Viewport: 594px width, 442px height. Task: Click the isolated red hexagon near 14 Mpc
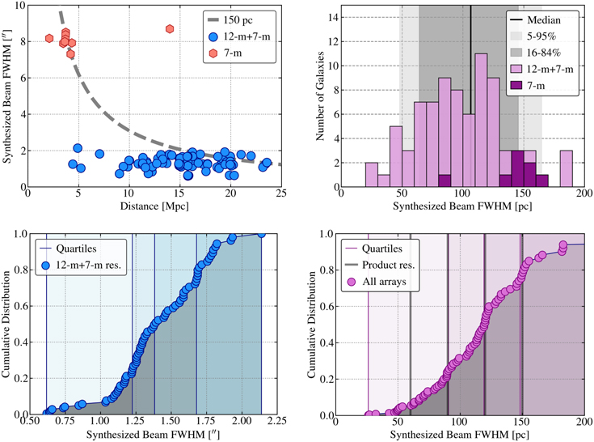point(170,29)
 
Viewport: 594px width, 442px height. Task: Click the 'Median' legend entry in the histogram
point(552,18)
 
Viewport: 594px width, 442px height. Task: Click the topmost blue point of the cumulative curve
point(261,234)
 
